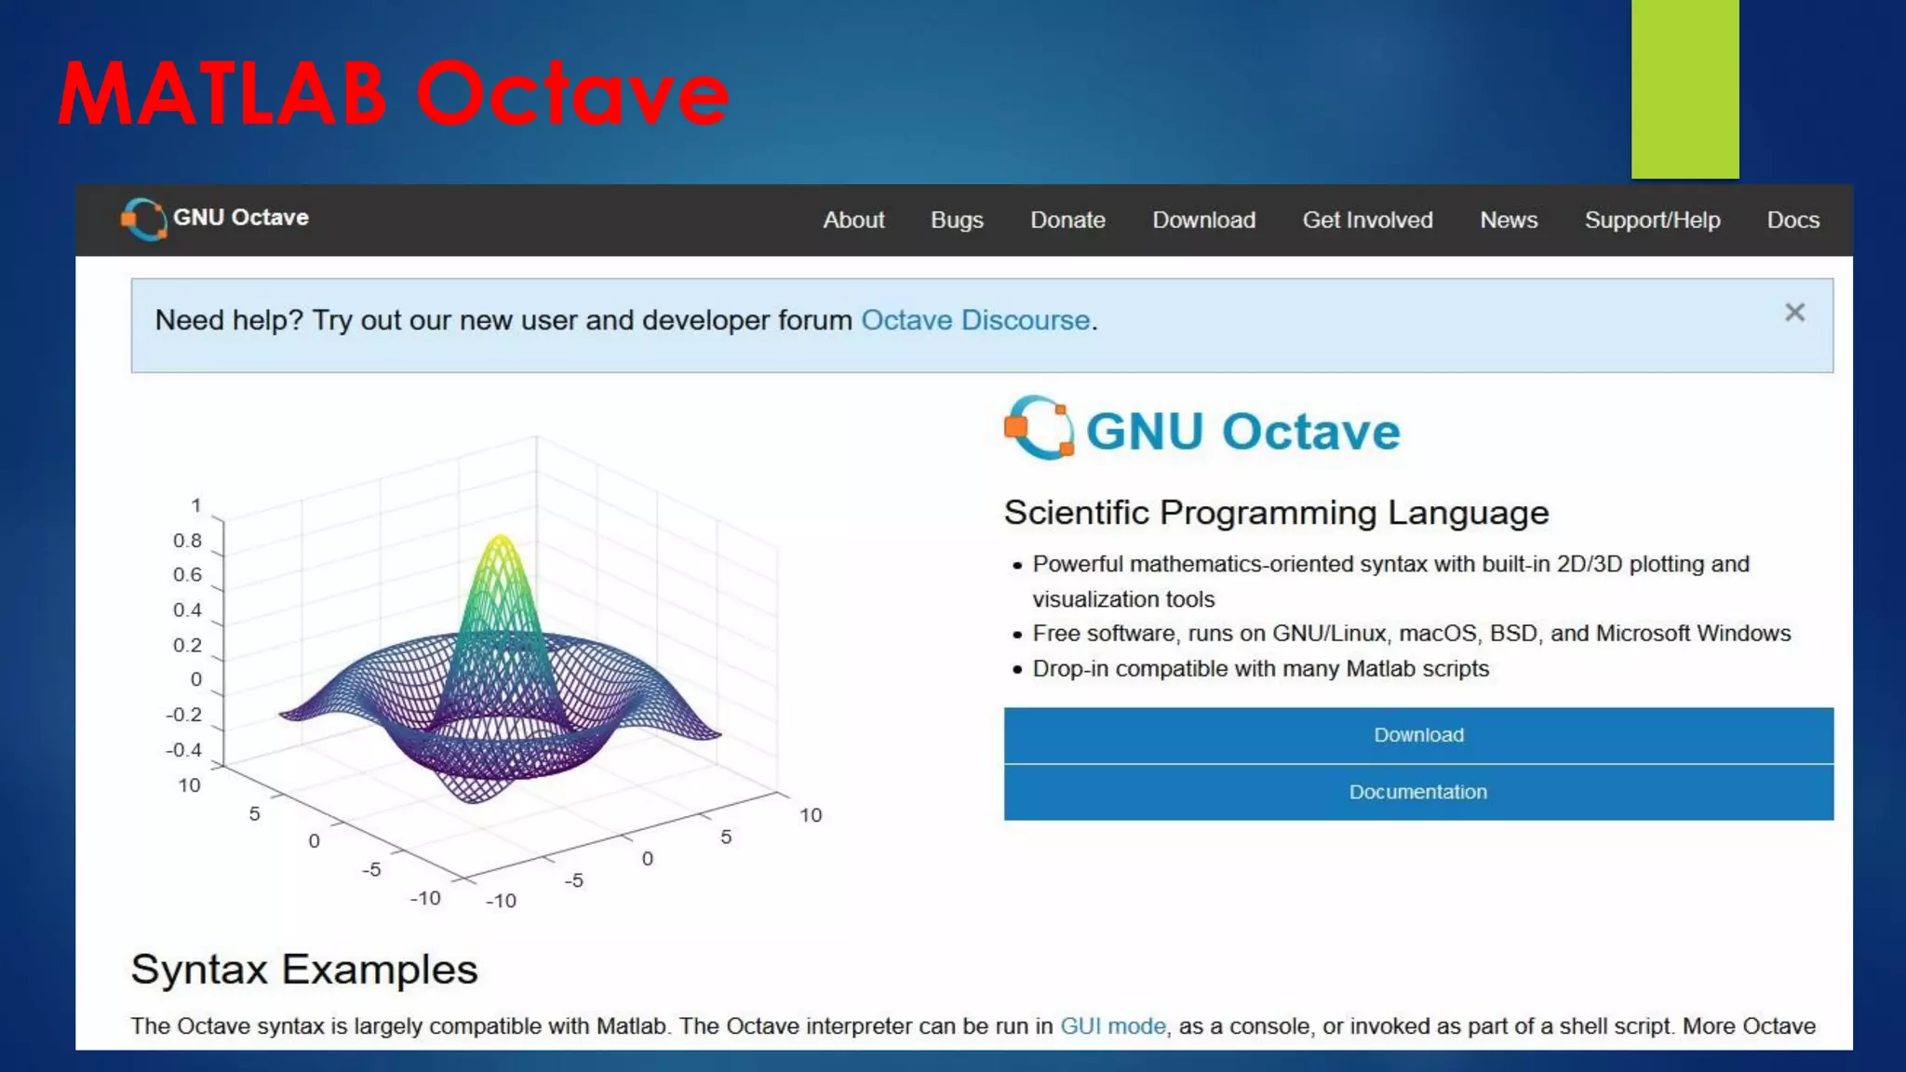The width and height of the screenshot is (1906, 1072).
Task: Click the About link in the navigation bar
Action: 853,221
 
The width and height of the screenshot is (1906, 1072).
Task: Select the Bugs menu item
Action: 957,221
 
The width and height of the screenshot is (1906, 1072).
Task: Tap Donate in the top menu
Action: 1067,221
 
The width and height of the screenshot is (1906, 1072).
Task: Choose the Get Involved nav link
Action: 1367,221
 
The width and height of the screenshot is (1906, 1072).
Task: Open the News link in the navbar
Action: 1509,221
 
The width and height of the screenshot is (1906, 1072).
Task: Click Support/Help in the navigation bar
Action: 1652,221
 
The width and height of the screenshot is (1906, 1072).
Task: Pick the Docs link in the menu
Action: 1792,221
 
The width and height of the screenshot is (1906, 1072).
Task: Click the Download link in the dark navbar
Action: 1203,221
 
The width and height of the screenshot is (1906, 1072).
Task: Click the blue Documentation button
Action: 1417,792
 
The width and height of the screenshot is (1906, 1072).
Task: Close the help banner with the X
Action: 1794,313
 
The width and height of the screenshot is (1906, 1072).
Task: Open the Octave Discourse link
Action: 974,320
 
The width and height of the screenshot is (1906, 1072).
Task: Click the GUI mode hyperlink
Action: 1112,1025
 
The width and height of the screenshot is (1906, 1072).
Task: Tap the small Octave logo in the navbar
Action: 144,220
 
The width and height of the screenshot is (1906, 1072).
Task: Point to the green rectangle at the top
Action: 1685,89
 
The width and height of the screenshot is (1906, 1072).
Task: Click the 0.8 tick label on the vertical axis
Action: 187,541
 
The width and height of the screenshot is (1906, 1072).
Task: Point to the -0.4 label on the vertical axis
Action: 183,750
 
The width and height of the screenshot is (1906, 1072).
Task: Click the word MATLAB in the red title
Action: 221,93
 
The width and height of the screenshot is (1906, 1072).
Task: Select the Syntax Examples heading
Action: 304,970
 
